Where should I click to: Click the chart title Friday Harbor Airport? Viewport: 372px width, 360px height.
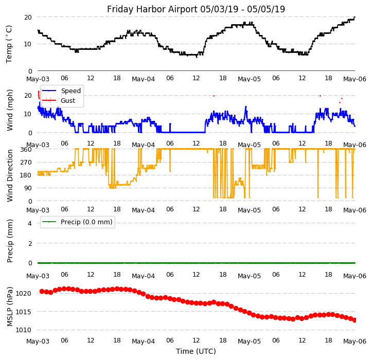tap(196, 9)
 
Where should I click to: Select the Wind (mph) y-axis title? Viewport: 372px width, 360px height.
tap(10, 110)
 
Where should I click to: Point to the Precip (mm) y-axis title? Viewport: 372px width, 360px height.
tap(10, 241)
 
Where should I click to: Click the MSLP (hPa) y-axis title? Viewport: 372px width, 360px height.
tap(10, 306)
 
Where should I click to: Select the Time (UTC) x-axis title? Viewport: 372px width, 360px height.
tap(196, 351)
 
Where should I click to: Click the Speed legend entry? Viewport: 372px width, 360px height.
tap(70, 91)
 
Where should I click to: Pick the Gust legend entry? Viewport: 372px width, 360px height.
tap(68, 101)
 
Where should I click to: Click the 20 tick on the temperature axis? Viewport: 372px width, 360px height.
tap(29, 17)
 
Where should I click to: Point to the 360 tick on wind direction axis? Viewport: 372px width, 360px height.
tap(26, 149)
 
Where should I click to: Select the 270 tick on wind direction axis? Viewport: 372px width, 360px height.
tap(26, 162)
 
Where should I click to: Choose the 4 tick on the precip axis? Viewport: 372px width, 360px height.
tap(30, 223)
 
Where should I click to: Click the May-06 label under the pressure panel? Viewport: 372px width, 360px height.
tap(355, 341)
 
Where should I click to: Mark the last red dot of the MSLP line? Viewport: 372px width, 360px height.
tap(355, 320)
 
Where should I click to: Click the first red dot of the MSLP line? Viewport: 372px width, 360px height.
tap(42, 291)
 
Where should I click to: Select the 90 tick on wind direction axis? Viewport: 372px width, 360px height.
tap(28, 188)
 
